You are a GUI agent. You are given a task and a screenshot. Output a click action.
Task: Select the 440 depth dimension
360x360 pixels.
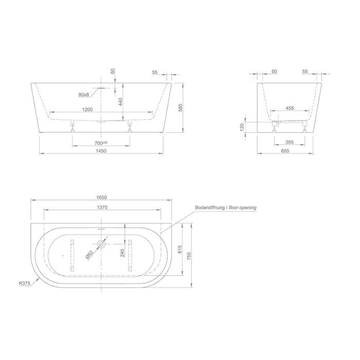[x=120, y=102]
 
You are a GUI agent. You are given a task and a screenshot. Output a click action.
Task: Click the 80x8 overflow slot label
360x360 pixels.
[x=84, y=95]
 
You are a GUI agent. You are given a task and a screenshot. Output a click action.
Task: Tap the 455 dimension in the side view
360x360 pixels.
[x=290, y=109]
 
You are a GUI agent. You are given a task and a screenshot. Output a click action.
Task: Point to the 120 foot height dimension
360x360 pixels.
[x=242, y=127]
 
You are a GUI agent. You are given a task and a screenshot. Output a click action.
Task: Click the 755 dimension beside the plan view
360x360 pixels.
[x=191, y=256]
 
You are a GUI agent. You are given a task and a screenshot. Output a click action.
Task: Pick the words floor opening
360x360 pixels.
[x=244, y=208]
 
